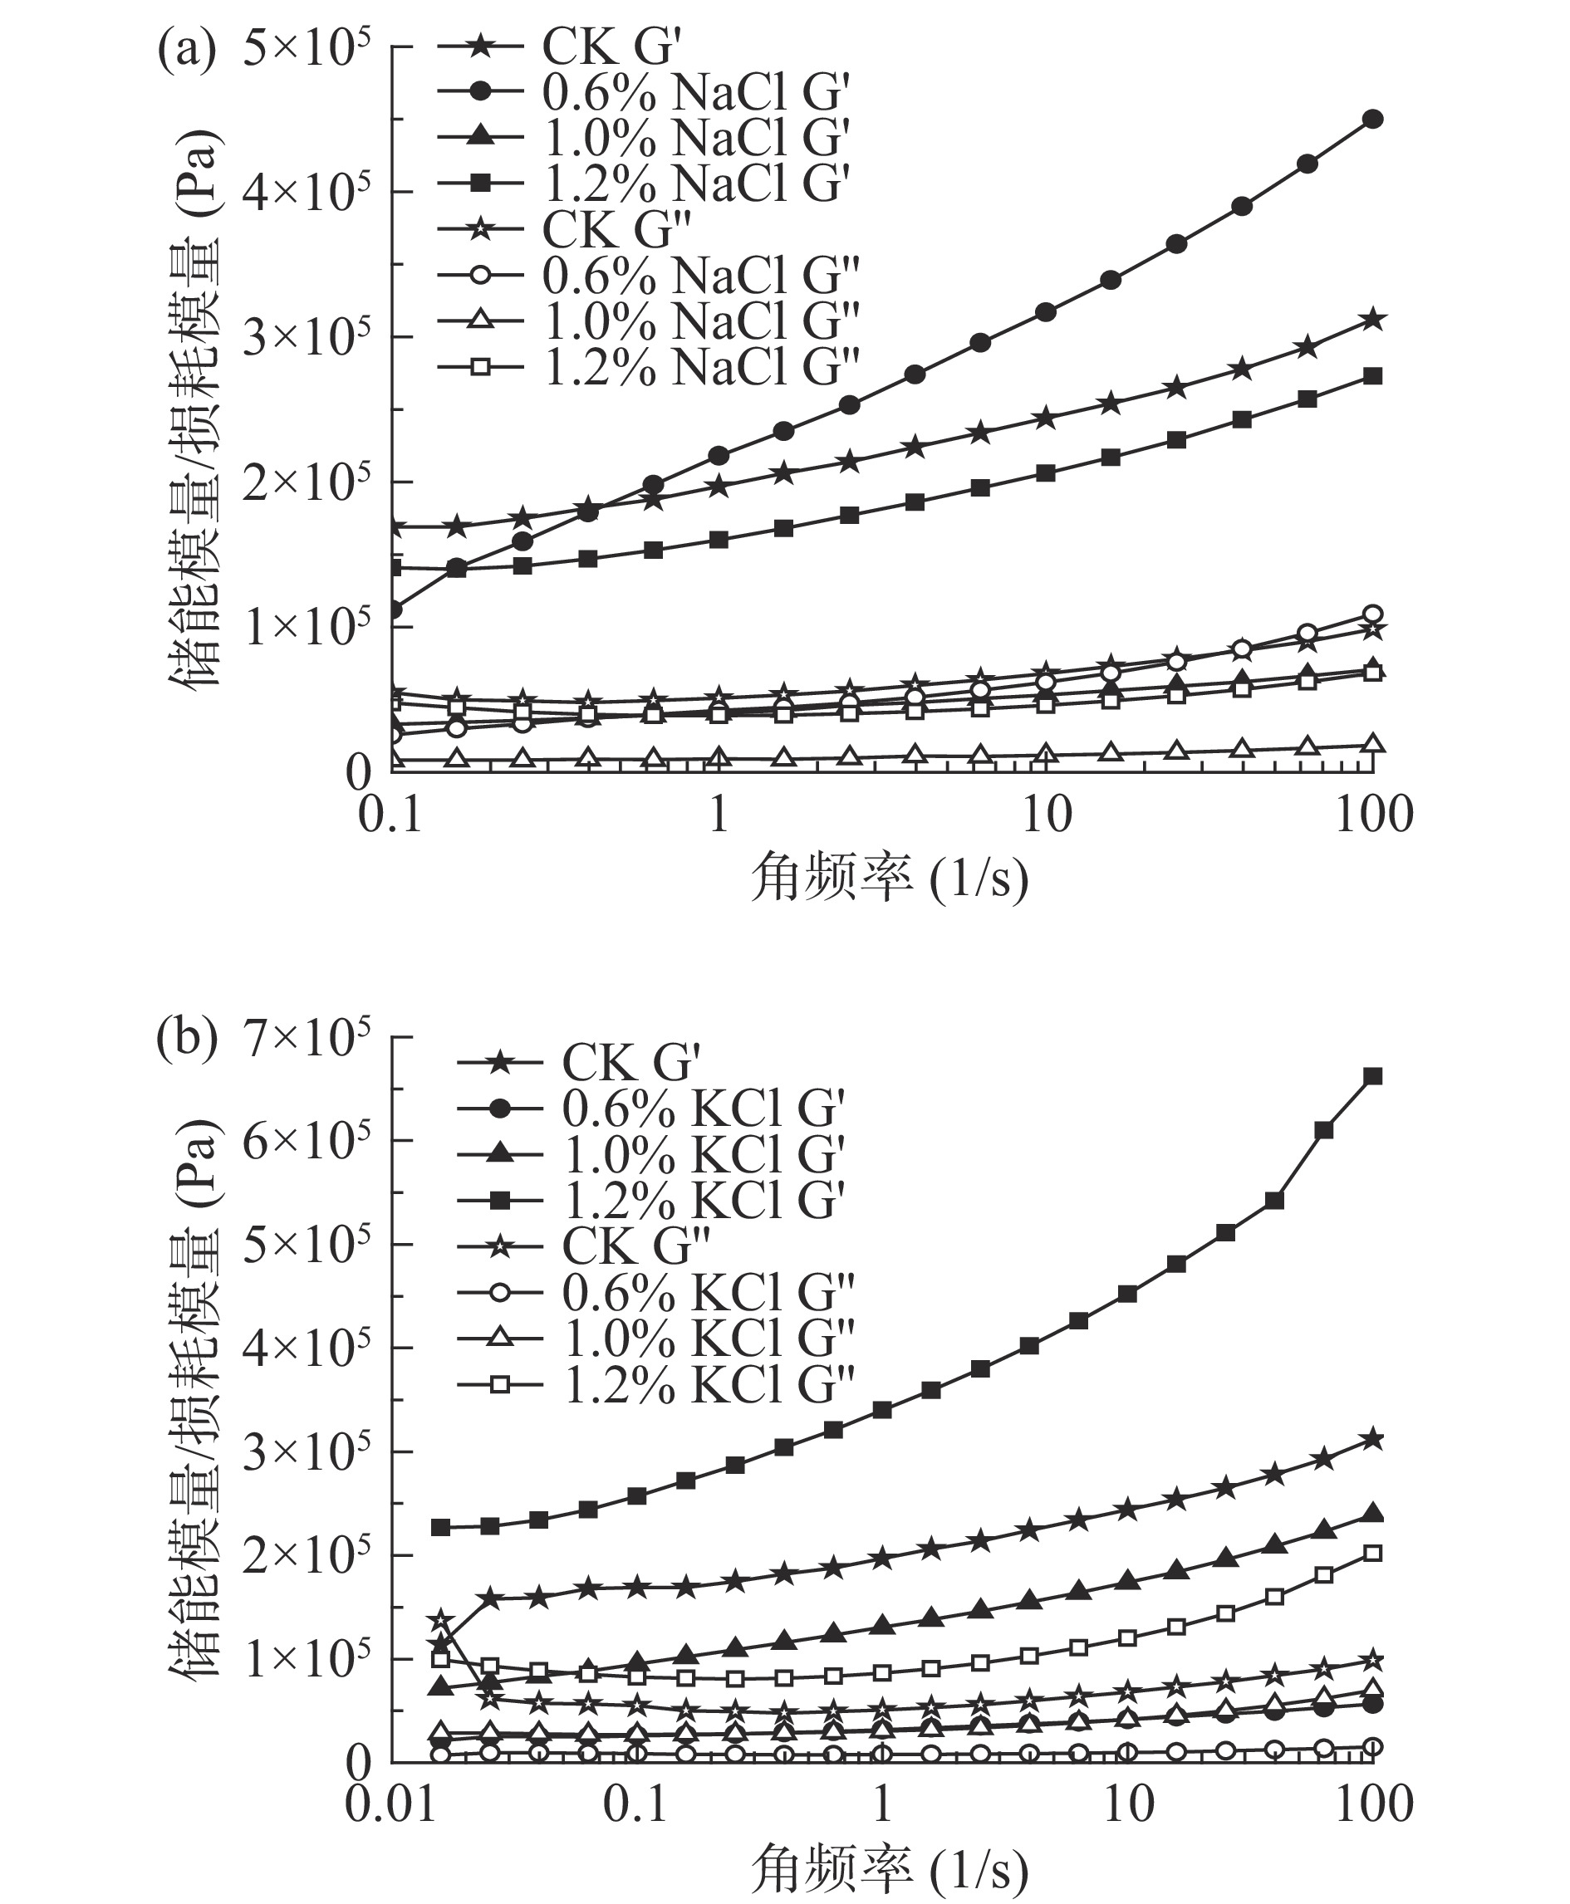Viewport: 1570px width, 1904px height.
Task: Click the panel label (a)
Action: tap(186, 51)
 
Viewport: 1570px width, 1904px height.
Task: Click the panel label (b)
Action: tap(186, 1040)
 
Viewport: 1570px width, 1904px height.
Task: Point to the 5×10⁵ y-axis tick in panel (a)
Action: tap(306, 47)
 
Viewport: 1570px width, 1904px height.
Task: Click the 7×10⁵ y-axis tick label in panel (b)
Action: tap(306, 1037)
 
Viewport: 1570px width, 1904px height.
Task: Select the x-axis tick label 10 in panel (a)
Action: tap(1047, 815)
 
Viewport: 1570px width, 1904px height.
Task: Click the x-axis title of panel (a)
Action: tap(889, 878)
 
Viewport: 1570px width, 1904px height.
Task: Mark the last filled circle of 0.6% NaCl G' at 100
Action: tap(1372, 120)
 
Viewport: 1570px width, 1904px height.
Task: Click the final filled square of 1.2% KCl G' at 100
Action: tap(1372, 1076)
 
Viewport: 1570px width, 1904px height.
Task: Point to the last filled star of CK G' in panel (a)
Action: tap(1373, 319)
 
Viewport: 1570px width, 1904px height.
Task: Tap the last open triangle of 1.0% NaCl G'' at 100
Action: tap(1373, 744)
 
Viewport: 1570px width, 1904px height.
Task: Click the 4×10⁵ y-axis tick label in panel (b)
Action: tap(306, 1348)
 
